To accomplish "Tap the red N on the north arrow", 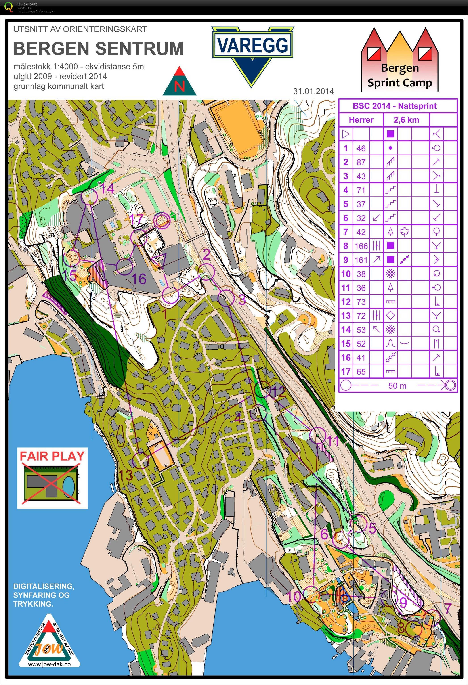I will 179,86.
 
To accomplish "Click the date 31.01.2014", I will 313,91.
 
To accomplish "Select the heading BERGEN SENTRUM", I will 98,49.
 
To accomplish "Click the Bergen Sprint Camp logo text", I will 400,75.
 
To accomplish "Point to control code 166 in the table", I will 361,246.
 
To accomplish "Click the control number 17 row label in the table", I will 346,371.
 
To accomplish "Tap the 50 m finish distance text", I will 397,385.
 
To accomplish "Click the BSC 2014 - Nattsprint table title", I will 394,106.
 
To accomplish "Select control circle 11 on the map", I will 318,435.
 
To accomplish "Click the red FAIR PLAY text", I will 52,456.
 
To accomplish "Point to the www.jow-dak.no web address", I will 49,664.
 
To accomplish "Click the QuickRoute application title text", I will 27,4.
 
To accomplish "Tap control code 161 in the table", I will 361,260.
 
